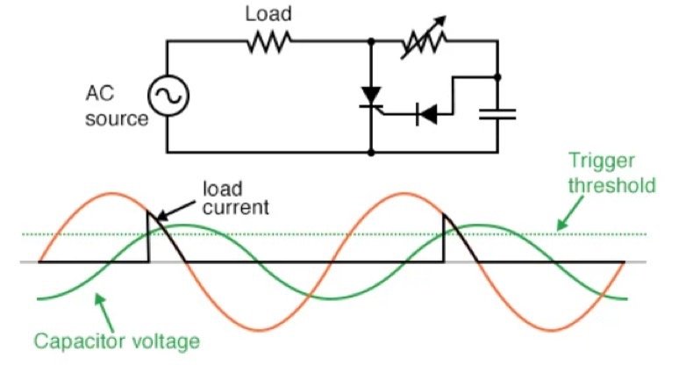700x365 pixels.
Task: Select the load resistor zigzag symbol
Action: click(x=268, y=41)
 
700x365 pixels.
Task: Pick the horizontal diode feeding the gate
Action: click(x=428, y=112)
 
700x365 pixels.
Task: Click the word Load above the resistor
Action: click(x=268, y=14)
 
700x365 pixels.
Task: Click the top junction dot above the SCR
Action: click(x=372, y=42)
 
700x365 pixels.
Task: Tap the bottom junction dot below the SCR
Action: click(x=372, y=153)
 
